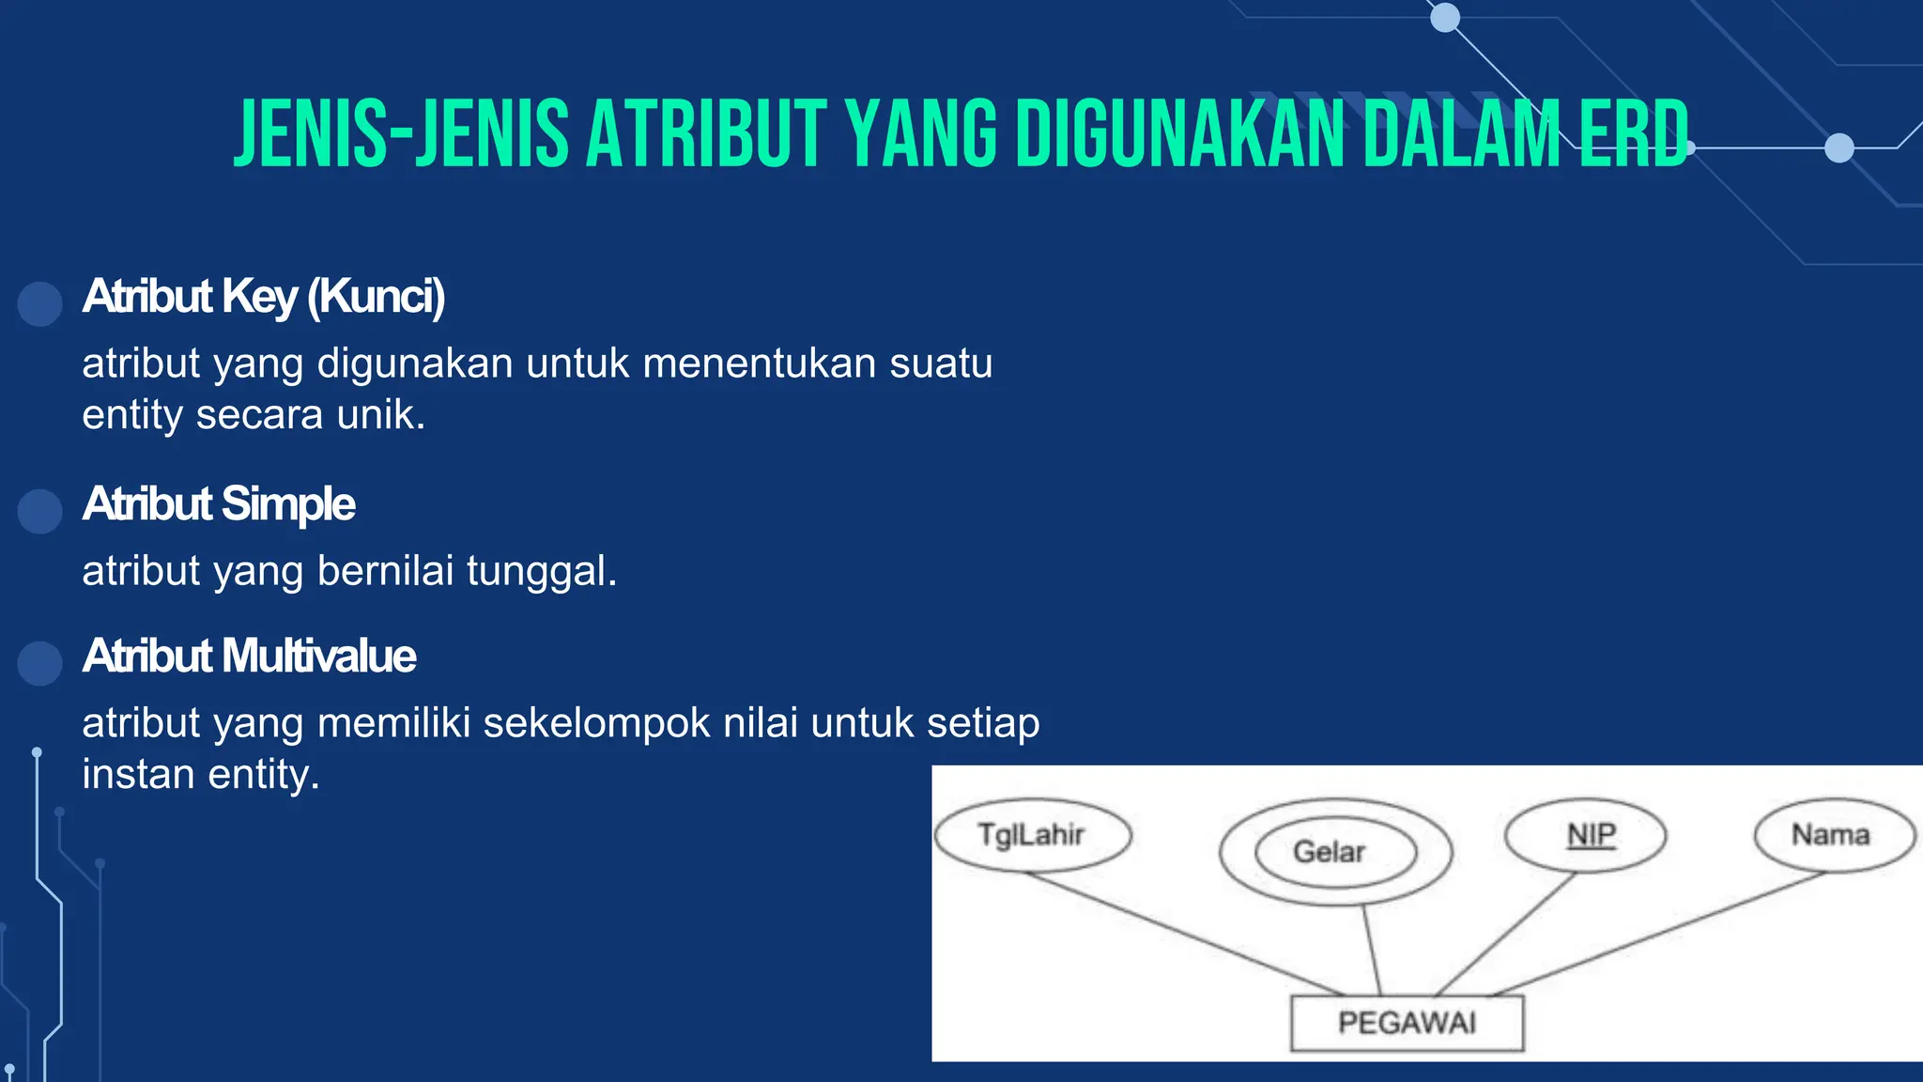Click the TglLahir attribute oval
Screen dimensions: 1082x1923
[1033, 835]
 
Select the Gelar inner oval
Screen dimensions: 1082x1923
[1334, 852]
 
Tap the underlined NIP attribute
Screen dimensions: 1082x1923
[1591, 834]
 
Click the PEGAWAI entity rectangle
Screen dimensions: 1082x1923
[1407, 1023]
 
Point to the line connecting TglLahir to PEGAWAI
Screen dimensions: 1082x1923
[1183, 933]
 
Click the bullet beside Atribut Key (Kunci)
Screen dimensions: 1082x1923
[40, 303]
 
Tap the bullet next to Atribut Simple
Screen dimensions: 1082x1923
[40, 511]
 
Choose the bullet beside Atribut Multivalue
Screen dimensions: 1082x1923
[40, 663]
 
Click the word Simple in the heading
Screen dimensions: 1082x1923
[289, 504]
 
